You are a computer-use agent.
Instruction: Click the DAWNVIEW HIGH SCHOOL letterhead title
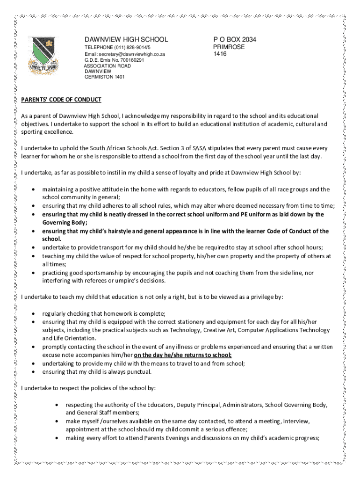[x=125, y=39]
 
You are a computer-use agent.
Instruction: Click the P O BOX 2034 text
[x=234, y=39]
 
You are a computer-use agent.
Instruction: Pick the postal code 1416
[x=220, y=54]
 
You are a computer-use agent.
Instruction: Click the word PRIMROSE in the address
[x=229, y=47]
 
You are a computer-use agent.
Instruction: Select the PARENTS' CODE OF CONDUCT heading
[x=61, y=100]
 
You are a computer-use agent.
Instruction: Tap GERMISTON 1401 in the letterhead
[x=104, y=78]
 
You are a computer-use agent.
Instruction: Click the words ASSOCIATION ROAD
[x=107, y=66]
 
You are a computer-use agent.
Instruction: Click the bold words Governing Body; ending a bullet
[x=65, y=223]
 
